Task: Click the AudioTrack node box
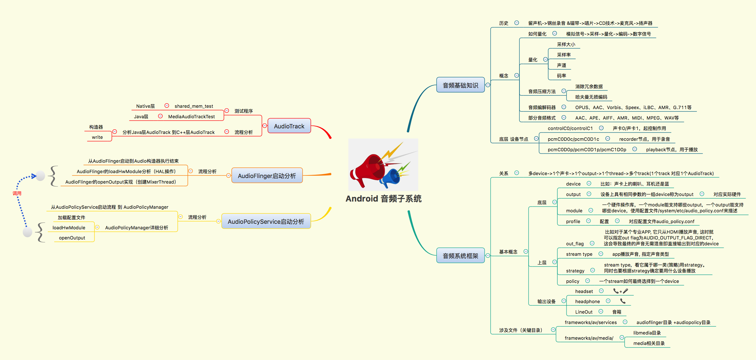click(x=289, y=126)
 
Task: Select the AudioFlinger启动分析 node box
click(x=267, y=176)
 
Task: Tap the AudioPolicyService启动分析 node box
click(x=266, y=221)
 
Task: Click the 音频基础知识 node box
click(x=460, y=85)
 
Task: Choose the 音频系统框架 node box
click(x=460, y=256)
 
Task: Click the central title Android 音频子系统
click(x=383, y=199)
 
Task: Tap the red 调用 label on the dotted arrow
click(x=17, y=193)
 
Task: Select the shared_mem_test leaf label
click(x=193, y=106)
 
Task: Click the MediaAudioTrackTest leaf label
click(x=191, y=117)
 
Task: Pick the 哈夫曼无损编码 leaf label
click(x=591, y=97)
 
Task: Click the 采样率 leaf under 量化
click(x=564, y=55)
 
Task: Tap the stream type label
click(x=579, y=254)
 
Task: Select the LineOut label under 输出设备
click(x=583, y=312)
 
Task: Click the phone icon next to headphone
click(x=623, y=301)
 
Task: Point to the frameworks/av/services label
click(x=590, y=322)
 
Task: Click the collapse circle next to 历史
click(x=517, y=23)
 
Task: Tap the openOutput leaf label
click(x=72, y=238)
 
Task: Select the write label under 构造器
click(x=97, y=137)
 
